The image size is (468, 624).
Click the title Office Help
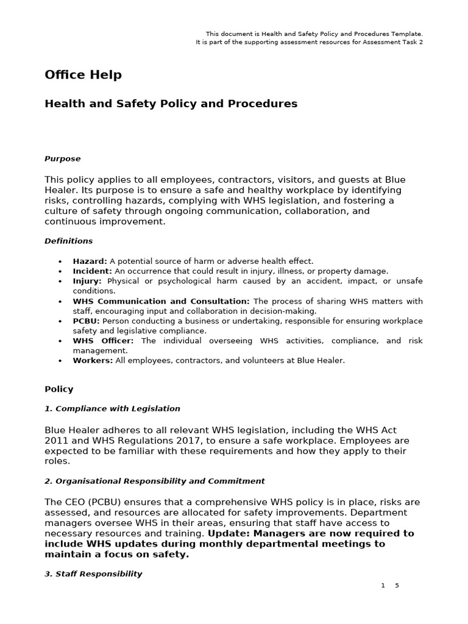[83, 75]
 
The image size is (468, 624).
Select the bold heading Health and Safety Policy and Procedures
[171, 104]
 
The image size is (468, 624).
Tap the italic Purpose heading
[62, 158]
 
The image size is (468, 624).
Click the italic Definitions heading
[68, 241]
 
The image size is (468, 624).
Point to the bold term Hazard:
[90, 261]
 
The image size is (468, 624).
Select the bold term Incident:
[92, 271]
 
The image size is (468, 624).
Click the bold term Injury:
[87, 281]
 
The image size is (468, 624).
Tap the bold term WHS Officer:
[103, 341]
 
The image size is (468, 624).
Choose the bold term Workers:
[93, 360]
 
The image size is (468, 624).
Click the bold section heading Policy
[58, 389]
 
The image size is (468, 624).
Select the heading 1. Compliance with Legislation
[112, 408]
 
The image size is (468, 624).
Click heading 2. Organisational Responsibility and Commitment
[154, 481]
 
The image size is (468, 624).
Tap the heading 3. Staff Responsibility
[93, 573]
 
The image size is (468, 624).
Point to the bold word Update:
[210, 533]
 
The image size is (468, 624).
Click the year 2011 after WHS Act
[55, 441]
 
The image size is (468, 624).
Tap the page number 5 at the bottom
[397, 586]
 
